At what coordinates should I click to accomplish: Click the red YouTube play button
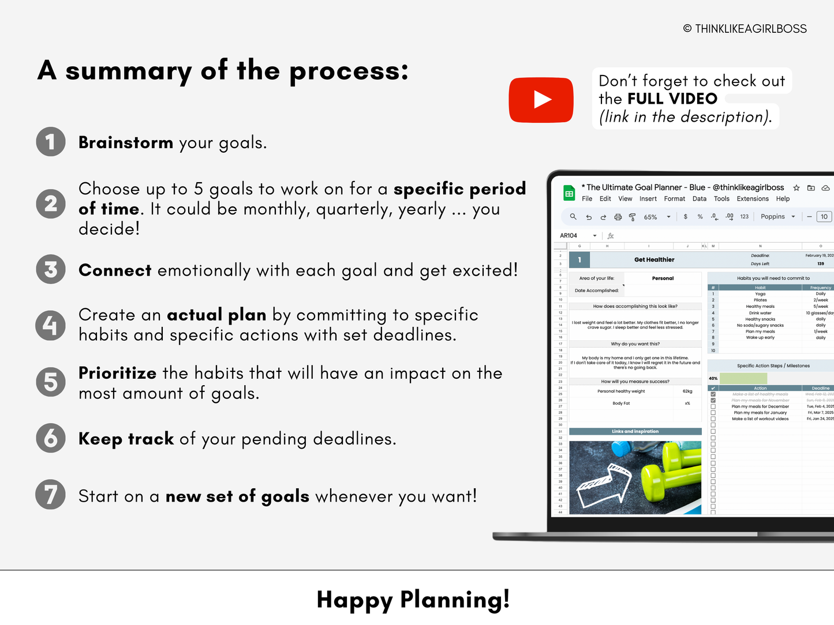[x=541, y=100]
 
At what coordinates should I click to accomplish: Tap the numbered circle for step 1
[x=51, y=142]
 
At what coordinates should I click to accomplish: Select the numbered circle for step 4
[x=51, y=325]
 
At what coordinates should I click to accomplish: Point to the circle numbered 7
[x=51, y=495]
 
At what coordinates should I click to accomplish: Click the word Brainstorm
[x=126, y=142]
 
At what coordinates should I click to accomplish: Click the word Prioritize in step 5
[x=117, y=373]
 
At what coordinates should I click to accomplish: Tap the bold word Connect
[x=115, y=270]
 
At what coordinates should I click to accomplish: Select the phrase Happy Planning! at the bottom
[x=413, y=600]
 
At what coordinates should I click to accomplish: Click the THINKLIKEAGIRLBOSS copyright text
[x=745, y=29]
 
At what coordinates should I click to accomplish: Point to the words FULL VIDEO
[x=672, y=99]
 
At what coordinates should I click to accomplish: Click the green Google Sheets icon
[x=569, y=193]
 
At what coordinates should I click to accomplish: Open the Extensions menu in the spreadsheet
[x=753, y=199]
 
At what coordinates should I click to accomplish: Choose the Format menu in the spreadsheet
[x=674, y=199]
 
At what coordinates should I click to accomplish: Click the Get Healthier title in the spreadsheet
[x=654, y=260]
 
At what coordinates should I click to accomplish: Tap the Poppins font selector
[x=773, y=217]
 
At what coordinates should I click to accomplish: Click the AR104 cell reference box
[x=569, y=236]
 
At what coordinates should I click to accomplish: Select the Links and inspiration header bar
[x=635, y=431]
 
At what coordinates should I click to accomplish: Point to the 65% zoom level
[x=650, y=217]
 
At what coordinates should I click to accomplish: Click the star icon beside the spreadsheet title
[x=796, y=188]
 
